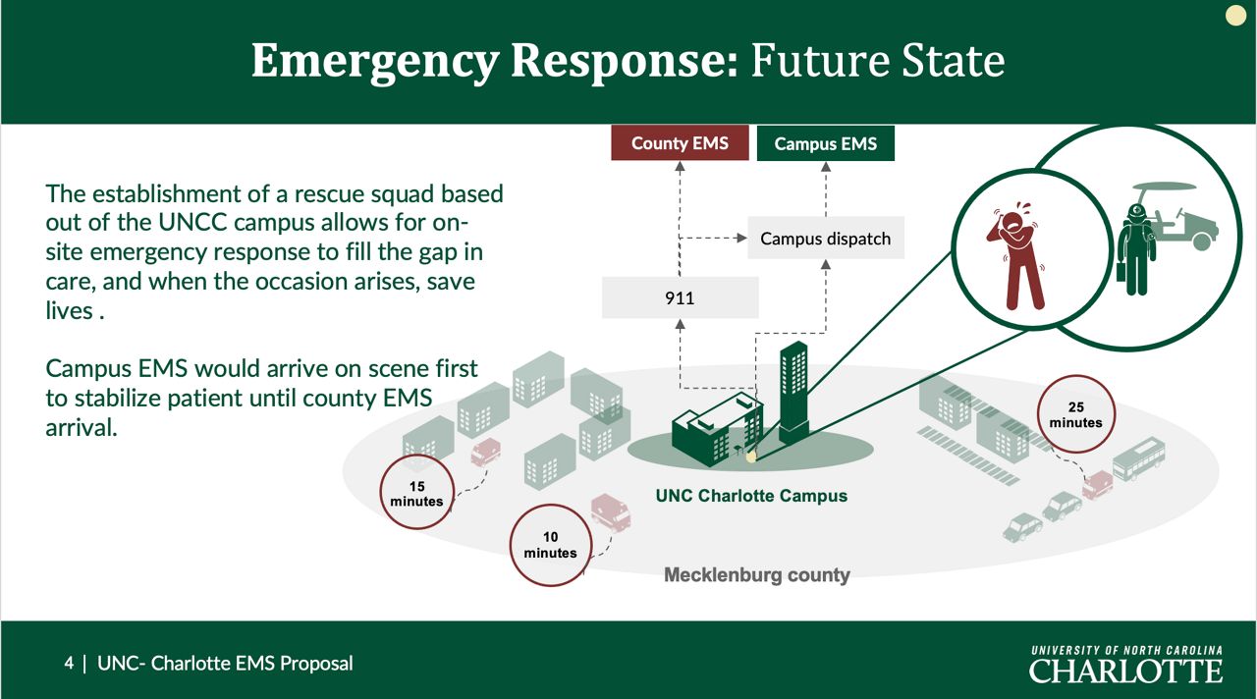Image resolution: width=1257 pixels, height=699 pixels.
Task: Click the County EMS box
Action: pos(680,143)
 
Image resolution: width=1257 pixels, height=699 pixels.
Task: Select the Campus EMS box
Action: pos(826,143)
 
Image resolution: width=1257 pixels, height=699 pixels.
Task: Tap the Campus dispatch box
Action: pos(826,238)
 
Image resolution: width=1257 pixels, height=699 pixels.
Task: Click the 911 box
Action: pos(680,297)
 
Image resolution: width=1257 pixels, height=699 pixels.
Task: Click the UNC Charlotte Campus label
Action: pos(751,496)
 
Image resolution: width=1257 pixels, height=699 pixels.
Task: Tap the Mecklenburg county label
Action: pos(757,575)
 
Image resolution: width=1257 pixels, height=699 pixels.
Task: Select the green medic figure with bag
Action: pos(1136,250)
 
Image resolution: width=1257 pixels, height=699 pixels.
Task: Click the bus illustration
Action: pos(1139,458)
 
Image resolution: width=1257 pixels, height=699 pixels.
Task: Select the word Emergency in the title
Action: pos(375,62)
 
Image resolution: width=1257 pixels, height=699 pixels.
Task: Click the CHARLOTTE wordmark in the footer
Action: pos(1125,671)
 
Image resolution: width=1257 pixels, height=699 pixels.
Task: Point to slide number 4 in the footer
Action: pos(69,663)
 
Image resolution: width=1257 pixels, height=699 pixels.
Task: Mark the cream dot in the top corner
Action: pos(1235,15)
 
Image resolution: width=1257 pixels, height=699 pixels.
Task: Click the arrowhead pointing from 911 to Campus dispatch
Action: pos(741,238)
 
